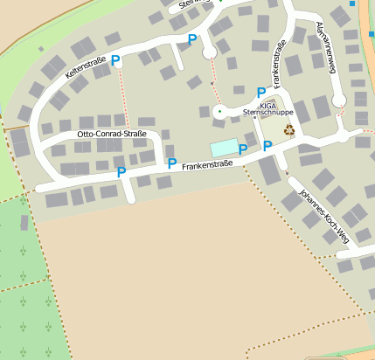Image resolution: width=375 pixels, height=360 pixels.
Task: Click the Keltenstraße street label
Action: click(86, 66)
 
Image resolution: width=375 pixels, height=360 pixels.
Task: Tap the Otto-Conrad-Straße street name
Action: click(112, 134)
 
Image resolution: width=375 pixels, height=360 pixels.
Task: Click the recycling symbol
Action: click(288, 130)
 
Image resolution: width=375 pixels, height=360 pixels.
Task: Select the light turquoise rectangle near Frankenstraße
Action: click(224, 148)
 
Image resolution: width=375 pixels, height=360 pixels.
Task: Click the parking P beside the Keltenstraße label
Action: click(115, 60)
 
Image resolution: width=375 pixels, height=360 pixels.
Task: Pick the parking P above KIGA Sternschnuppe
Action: click(260, 93)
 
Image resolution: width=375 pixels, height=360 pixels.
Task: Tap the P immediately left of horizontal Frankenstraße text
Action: click(172, 163)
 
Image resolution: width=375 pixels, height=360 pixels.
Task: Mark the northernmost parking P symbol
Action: click(192, 38)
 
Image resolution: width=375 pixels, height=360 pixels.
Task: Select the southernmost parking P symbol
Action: click(122, 172)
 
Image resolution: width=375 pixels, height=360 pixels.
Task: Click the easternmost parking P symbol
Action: click(267, 146)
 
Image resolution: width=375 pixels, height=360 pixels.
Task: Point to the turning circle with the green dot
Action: click(219, 111)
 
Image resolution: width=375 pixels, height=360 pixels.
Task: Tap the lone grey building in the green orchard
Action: click(24, 223)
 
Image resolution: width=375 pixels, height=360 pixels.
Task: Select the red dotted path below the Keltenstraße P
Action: click(122, 96)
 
